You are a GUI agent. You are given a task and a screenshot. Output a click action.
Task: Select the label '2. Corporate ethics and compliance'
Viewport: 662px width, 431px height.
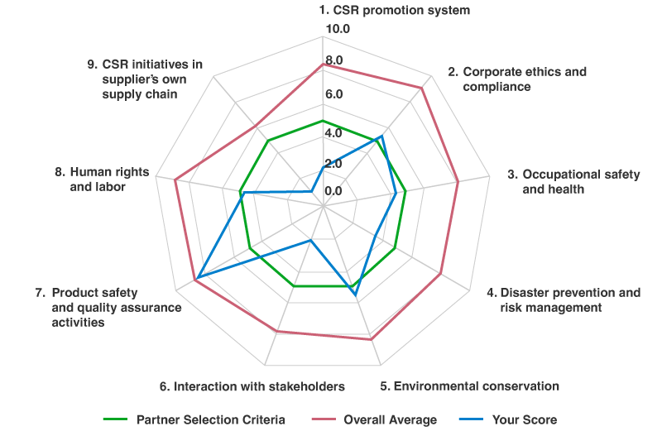click(x=517, y=79)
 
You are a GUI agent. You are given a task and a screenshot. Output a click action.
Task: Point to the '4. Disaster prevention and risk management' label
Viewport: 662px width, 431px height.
click(x=564, y=299)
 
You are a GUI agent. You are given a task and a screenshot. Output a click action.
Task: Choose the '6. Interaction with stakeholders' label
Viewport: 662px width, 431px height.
click(x=252, y=386)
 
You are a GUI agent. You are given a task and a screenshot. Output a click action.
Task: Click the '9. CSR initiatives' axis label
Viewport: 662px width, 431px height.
click(x=144, y=79)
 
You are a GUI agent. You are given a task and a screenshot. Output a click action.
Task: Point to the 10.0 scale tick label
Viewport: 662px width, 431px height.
click(x=340, y=30)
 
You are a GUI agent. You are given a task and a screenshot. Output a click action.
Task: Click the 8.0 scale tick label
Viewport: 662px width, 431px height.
click(x=333, y=60)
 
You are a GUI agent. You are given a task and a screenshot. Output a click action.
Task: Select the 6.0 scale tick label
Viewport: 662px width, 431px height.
click(x=333, y=94)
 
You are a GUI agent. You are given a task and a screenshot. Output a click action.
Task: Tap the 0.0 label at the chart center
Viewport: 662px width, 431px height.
click(x=333, y=191)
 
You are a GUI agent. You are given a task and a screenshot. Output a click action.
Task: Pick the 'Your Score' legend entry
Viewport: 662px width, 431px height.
click(x=521, y=419)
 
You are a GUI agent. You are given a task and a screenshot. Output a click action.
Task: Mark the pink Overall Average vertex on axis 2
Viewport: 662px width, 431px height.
click(x=422, y=87)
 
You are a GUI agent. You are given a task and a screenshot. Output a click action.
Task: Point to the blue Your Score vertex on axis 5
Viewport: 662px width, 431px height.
click(x=354, y=295)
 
